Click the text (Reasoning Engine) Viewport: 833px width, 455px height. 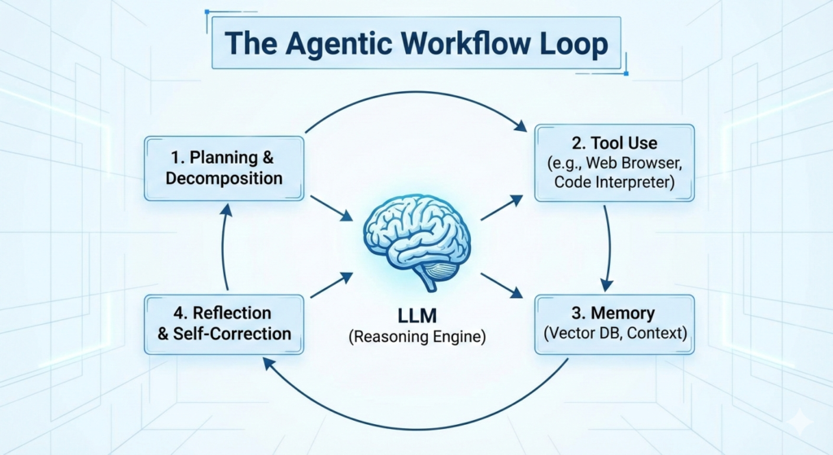click(416, 335)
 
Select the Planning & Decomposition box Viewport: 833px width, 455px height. click(224, 168)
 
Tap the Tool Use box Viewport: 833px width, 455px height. click(614, 163)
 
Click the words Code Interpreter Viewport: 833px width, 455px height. click(614, 183)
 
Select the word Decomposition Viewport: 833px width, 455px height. click(224, 178)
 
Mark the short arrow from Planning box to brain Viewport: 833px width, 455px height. click(332, 210)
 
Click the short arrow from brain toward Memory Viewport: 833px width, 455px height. click(501, 285)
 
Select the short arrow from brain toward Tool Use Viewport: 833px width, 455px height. click(501, 208)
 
